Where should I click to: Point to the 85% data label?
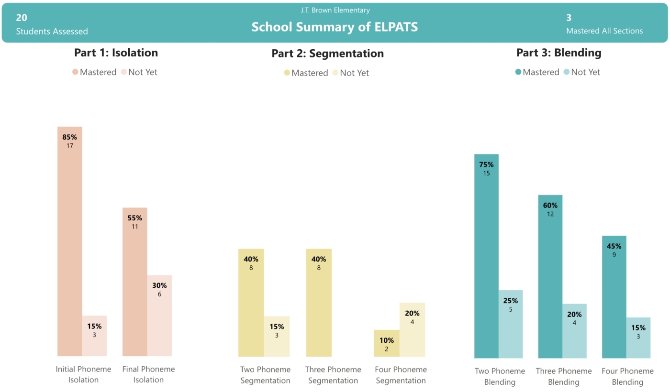click(x=70, y=137)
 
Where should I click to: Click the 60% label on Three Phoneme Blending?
click(x=550, y=206)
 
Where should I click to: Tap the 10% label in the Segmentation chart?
click(x=386, y=340)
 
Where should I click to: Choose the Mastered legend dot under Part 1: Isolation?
click(x=75, y=72)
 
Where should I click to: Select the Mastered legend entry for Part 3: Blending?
click(x=536, y=72)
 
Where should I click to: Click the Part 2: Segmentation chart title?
click(x=327, y=54)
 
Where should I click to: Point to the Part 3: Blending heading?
click(x=558, y=53)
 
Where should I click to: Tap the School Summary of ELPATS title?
click(x=335, y=27)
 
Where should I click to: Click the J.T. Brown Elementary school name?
click(x=335, y=10)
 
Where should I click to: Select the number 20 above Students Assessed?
click(x=22, y=18)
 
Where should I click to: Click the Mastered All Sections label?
click(x=604, y=31)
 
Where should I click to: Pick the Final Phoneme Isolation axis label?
click(x=148, y=374)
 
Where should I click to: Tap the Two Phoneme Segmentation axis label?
click(x=265, y=375)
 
